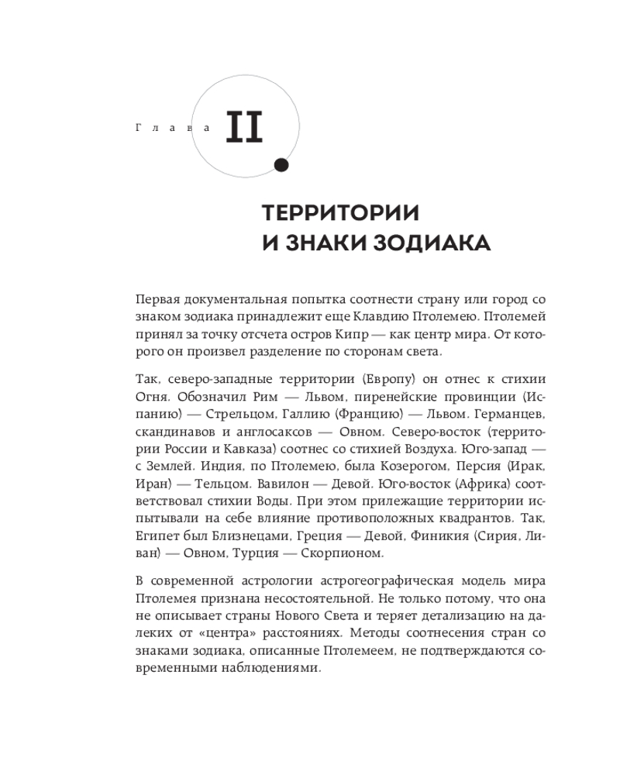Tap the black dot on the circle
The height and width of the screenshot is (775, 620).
tap(281, 164)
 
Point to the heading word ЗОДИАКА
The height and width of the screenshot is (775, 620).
tap(430, 243)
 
